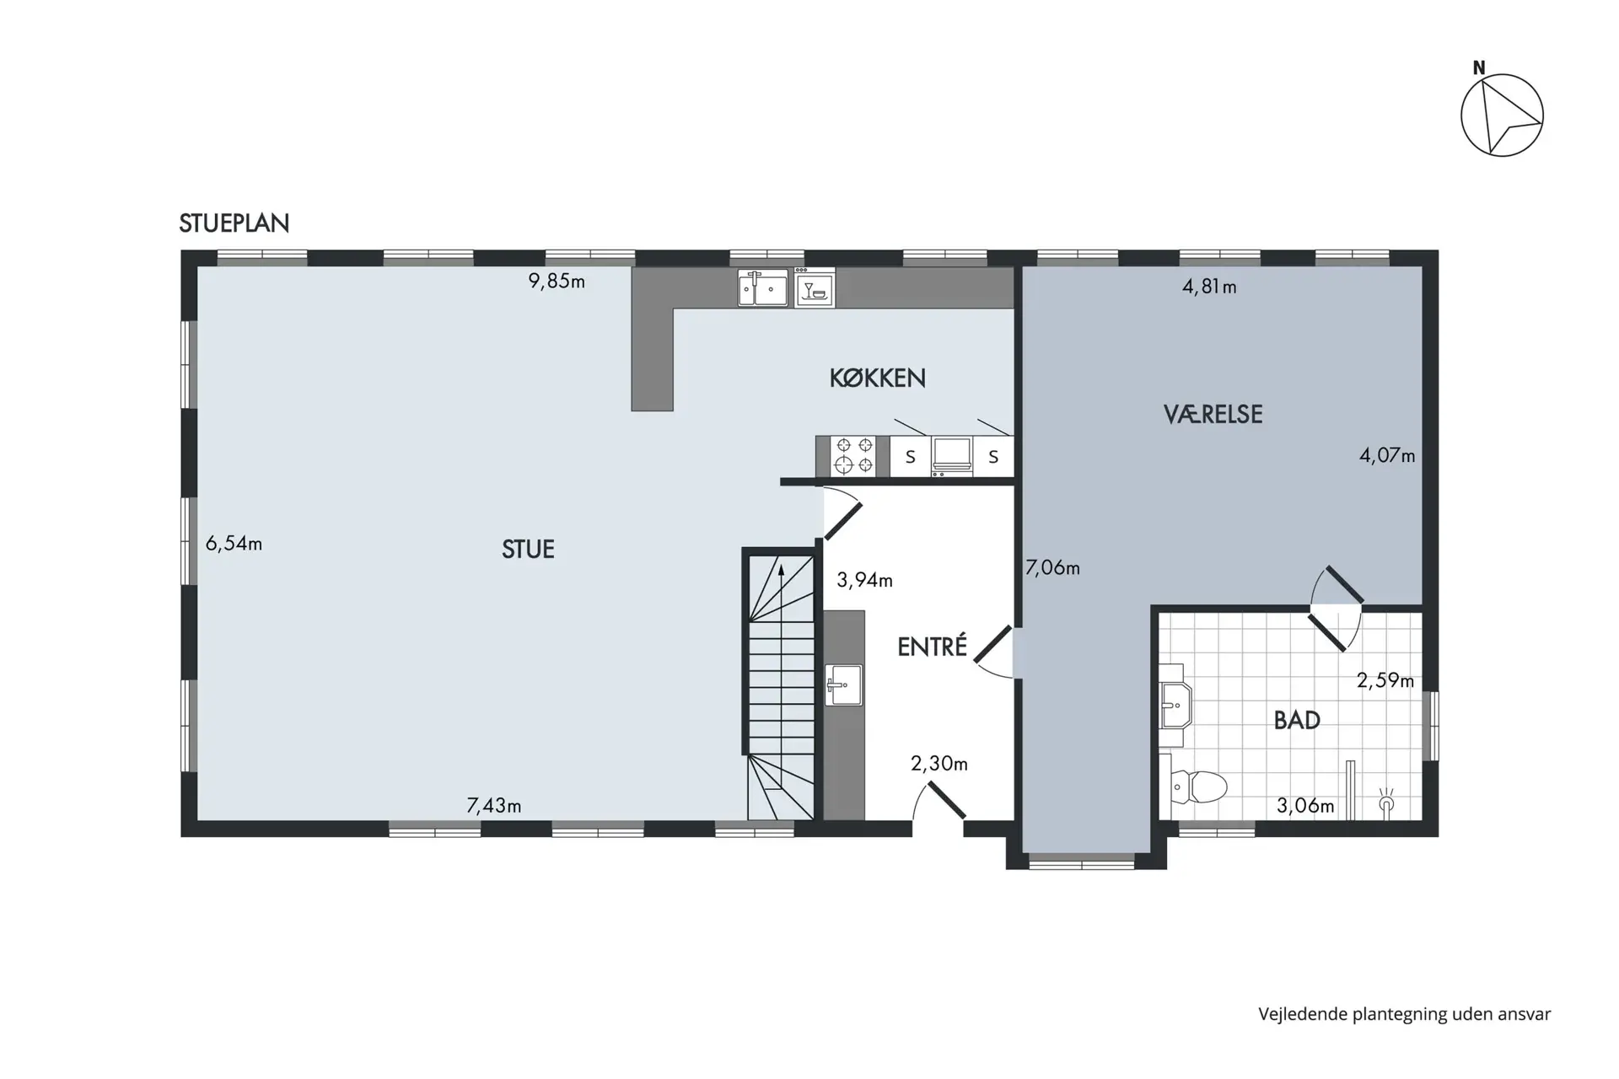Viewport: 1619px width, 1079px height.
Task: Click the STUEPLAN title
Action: (x=234, y=223)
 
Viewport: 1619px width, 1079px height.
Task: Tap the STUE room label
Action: (x=528, y=550)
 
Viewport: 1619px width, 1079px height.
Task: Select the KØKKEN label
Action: (x=878, y=378)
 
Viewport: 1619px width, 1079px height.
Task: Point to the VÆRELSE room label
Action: (x=1213, y=414)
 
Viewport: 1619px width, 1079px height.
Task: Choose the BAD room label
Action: (x=1297, y=720)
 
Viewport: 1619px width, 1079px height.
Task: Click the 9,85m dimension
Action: (x=557, y=282)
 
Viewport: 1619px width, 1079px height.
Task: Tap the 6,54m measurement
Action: (x=234, y=544)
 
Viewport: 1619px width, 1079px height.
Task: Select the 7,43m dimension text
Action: (x=494, y=806)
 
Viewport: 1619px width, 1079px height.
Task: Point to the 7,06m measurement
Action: (x=1052, y=568)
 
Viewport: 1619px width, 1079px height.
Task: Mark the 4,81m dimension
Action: (x=1209, y=287)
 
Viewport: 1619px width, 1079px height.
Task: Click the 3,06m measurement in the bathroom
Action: (x=1305, y=806)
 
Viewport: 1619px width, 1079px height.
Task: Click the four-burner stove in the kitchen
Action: (x=853, y=456)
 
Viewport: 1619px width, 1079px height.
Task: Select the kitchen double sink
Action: (x=763, y=287)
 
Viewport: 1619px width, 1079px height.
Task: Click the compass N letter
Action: (x=1479, y=68)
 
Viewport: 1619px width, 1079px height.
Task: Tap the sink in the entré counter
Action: (x=844, y=684)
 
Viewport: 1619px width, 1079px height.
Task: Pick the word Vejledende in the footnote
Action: (x=1302, y=1014)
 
